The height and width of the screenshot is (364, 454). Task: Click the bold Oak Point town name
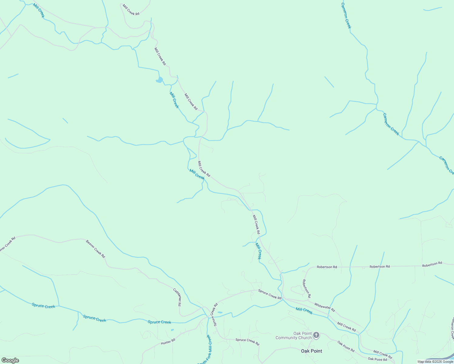coord(311,351)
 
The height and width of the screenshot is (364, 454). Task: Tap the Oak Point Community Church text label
coord(294,335)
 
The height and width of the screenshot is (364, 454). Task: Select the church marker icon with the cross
coord(316,335)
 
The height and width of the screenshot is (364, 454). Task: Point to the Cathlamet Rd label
coord(178,297)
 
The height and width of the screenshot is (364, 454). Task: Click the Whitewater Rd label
coord(324,307)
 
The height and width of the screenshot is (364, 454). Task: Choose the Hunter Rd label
coord(168,342)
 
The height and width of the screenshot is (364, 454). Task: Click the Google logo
coord(10,360)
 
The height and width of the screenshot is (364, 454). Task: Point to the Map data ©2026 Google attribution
coord(435,362)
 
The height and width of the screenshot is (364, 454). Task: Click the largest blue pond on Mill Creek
coord(159,80)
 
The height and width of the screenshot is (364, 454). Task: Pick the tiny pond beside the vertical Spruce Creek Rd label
coord(220,312)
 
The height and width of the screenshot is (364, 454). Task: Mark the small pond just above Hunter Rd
coord(172,330)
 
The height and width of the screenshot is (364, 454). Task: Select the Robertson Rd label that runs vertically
coord(307,288)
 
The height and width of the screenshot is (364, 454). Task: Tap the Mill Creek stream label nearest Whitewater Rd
coord(304,311)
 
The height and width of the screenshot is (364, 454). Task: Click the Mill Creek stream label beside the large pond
coord(174,100)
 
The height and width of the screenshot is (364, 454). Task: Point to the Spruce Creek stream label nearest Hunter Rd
coord(159,322)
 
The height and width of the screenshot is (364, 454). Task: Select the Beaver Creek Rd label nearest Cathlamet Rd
coord(96,249)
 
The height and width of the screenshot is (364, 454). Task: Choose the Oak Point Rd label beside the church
coord(346,346)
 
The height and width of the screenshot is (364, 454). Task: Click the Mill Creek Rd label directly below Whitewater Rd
coord(346,327)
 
